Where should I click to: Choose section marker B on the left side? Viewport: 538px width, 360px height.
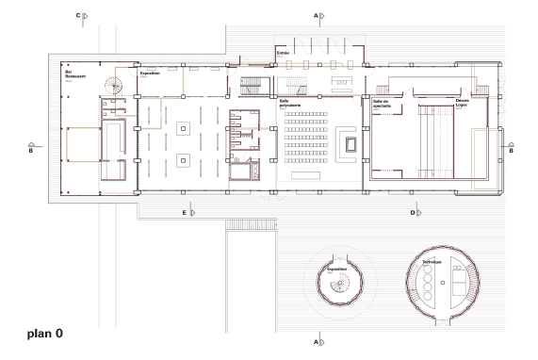pyautogui.click(x=31, y=148)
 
